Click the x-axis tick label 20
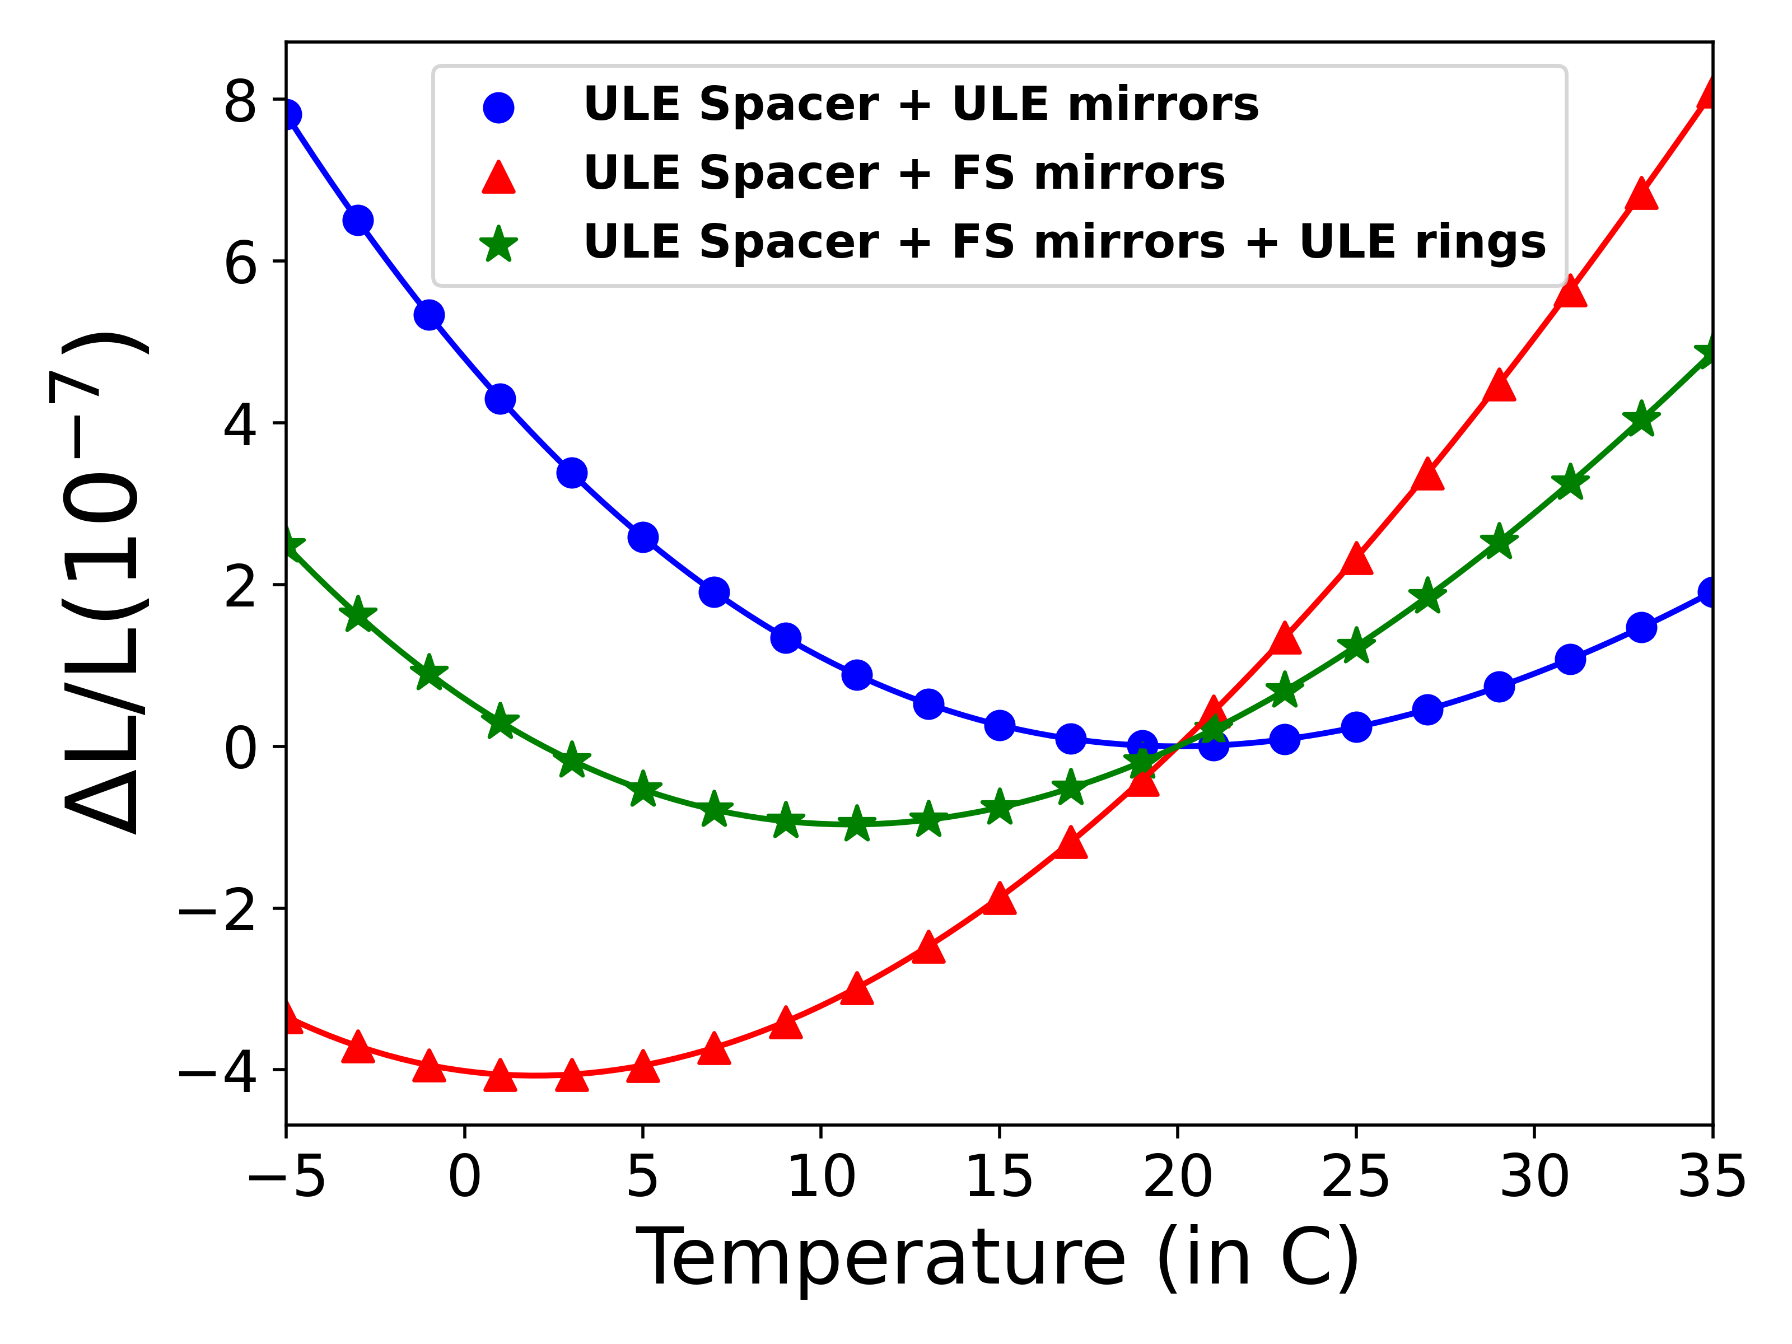click(1177, 1177)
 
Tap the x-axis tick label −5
click(286, 1177)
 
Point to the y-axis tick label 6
click(241, 263)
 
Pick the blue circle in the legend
click(498, 107)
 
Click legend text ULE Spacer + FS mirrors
click(903, 174)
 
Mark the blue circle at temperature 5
click(642, 537)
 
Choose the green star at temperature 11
click(856, 825)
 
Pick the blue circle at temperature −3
click(358, 220)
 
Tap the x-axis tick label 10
click(820, 1177)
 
